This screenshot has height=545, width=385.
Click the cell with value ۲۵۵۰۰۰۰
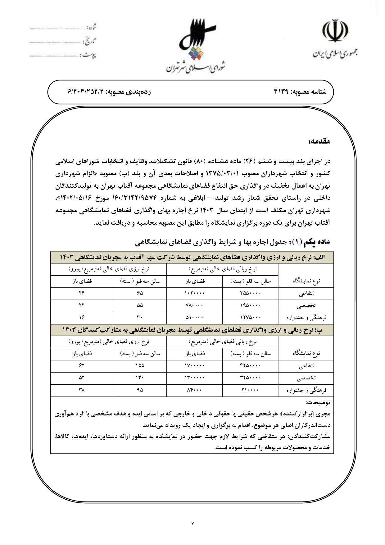250,293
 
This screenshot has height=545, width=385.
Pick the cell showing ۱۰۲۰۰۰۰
195,293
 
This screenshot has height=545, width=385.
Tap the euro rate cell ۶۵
140,293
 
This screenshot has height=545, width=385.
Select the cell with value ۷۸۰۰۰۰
195,305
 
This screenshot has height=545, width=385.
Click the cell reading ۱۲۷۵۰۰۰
250,318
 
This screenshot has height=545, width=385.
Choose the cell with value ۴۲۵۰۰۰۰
250,366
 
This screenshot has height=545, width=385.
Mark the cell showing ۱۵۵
140,366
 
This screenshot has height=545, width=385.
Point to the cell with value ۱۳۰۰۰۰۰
195,378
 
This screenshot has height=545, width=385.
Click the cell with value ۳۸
82,390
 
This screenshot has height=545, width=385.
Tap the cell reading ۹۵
140,390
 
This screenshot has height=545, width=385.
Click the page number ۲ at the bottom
192,524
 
